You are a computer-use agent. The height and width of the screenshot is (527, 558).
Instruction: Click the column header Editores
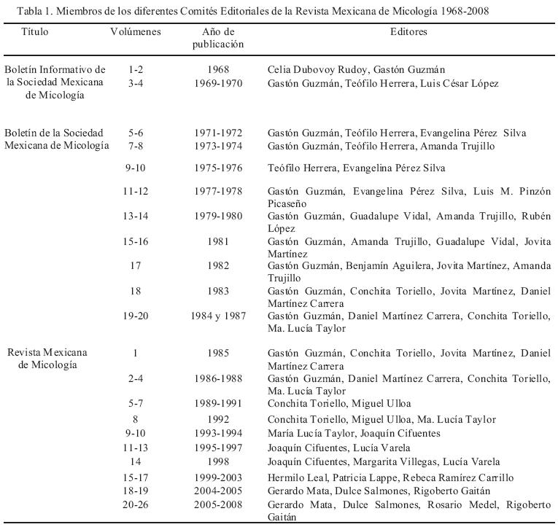tap(408, 32)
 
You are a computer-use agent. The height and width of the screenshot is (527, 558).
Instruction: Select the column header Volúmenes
tap(135, 32)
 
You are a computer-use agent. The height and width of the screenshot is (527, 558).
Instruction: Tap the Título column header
tap(36, 32)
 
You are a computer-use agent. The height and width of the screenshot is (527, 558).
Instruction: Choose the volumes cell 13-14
tap(135, 215)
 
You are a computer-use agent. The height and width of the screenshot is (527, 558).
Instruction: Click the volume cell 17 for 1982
tap(135, 265)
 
